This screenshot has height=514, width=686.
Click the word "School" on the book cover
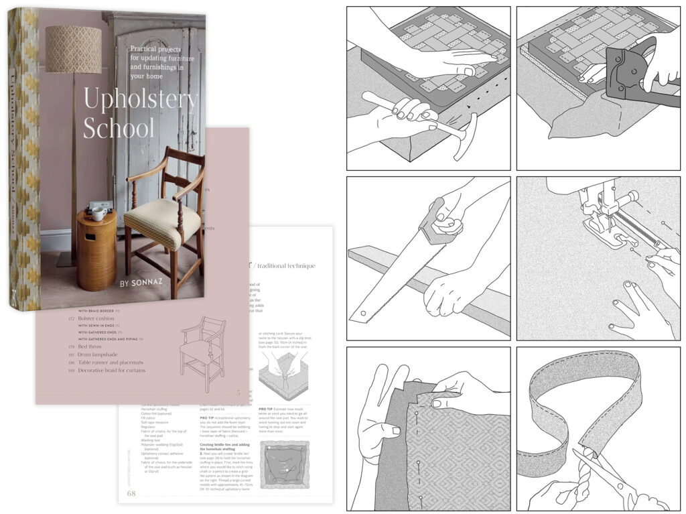click(x=119, y=127)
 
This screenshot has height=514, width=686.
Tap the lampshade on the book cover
click(x=72, y=49)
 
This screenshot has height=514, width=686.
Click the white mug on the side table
click(x=97, y=213)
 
